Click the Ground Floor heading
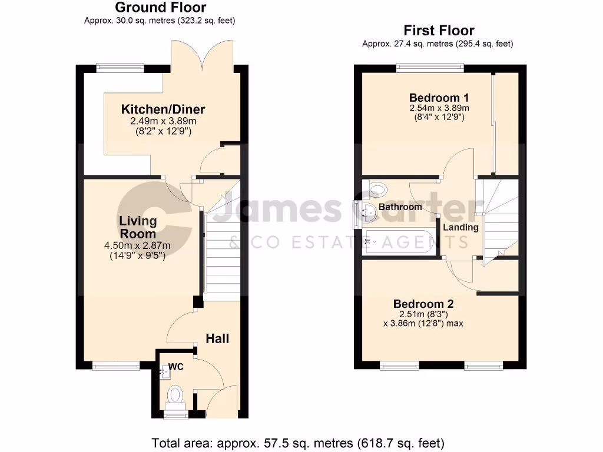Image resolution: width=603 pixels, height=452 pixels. [x=160, y=8]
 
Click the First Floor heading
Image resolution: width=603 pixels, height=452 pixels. [x=439, y=31]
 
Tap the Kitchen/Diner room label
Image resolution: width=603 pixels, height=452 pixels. [x=163, y=109]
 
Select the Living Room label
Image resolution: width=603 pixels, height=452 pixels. [x=138, y=227]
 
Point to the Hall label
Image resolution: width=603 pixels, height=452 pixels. [x=217, y=339]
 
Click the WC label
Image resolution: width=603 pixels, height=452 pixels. [x=176, y=367]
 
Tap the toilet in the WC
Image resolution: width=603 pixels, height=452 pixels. [x=175, y=395]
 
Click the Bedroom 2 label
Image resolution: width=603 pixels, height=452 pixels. [x=423, y=304]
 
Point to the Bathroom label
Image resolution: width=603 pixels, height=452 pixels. [x=400, y=207]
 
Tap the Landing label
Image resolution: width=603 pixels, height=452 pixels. [x=460, y=228]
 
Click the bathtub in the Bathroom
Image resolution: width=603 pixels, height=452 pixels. [x=399, y=241]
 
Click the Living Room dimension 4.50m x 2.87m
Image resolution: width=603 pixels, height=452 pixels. [x=138, y=246]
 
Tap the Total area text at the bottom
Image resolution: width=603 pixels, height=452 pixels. [x=298, y=442]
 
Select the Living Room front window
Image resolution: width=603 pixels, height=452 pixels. [x=116, y=366]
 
